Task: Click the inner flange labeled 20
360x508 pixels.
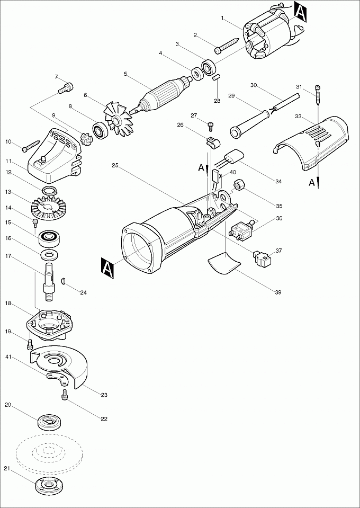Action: (x=50, y=422)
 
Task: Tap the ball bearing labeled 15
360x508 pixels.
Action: (x=51, y=236)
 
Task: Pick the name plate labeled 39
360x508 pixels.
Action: (x=222, y=262)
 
